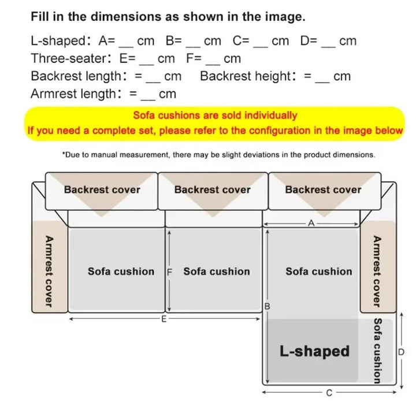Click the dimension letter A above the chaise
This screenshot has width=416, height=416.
point(311,222)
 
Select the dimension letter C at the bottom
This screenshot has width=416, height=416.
point(329,393)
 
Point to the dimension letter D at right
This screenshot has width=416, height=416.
point(401,352)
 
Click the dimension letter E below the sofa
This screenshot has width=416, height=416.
point(164,318)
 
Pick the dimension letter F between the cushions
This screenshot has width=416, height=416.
point(170,272)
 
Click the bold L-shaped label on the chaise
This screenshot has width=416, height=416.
point(314,351)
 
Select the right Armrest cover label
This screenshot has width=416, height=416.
point(377,271)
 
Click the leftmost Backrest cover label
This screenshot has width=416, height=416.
point(102,190)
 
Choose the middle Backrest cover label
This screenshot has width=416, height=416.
point(213,190)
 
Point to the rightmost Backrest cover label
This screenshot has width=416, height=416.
point(323,190)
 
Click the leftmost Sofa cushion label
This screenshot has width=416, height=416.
point(121,272)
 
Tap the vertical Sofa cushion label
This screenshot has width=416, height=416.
point(377,350)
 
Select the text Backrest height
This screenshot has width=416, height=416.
point(246,76)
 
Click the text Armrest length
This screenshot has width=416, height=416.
point(73,94)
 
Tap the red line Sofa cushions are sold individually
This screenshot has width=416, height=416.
point(215,116)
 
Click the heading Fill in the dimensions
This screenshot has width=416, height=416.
point(168,17)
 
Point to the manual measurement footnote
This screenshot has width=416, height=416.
point(218,155)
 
